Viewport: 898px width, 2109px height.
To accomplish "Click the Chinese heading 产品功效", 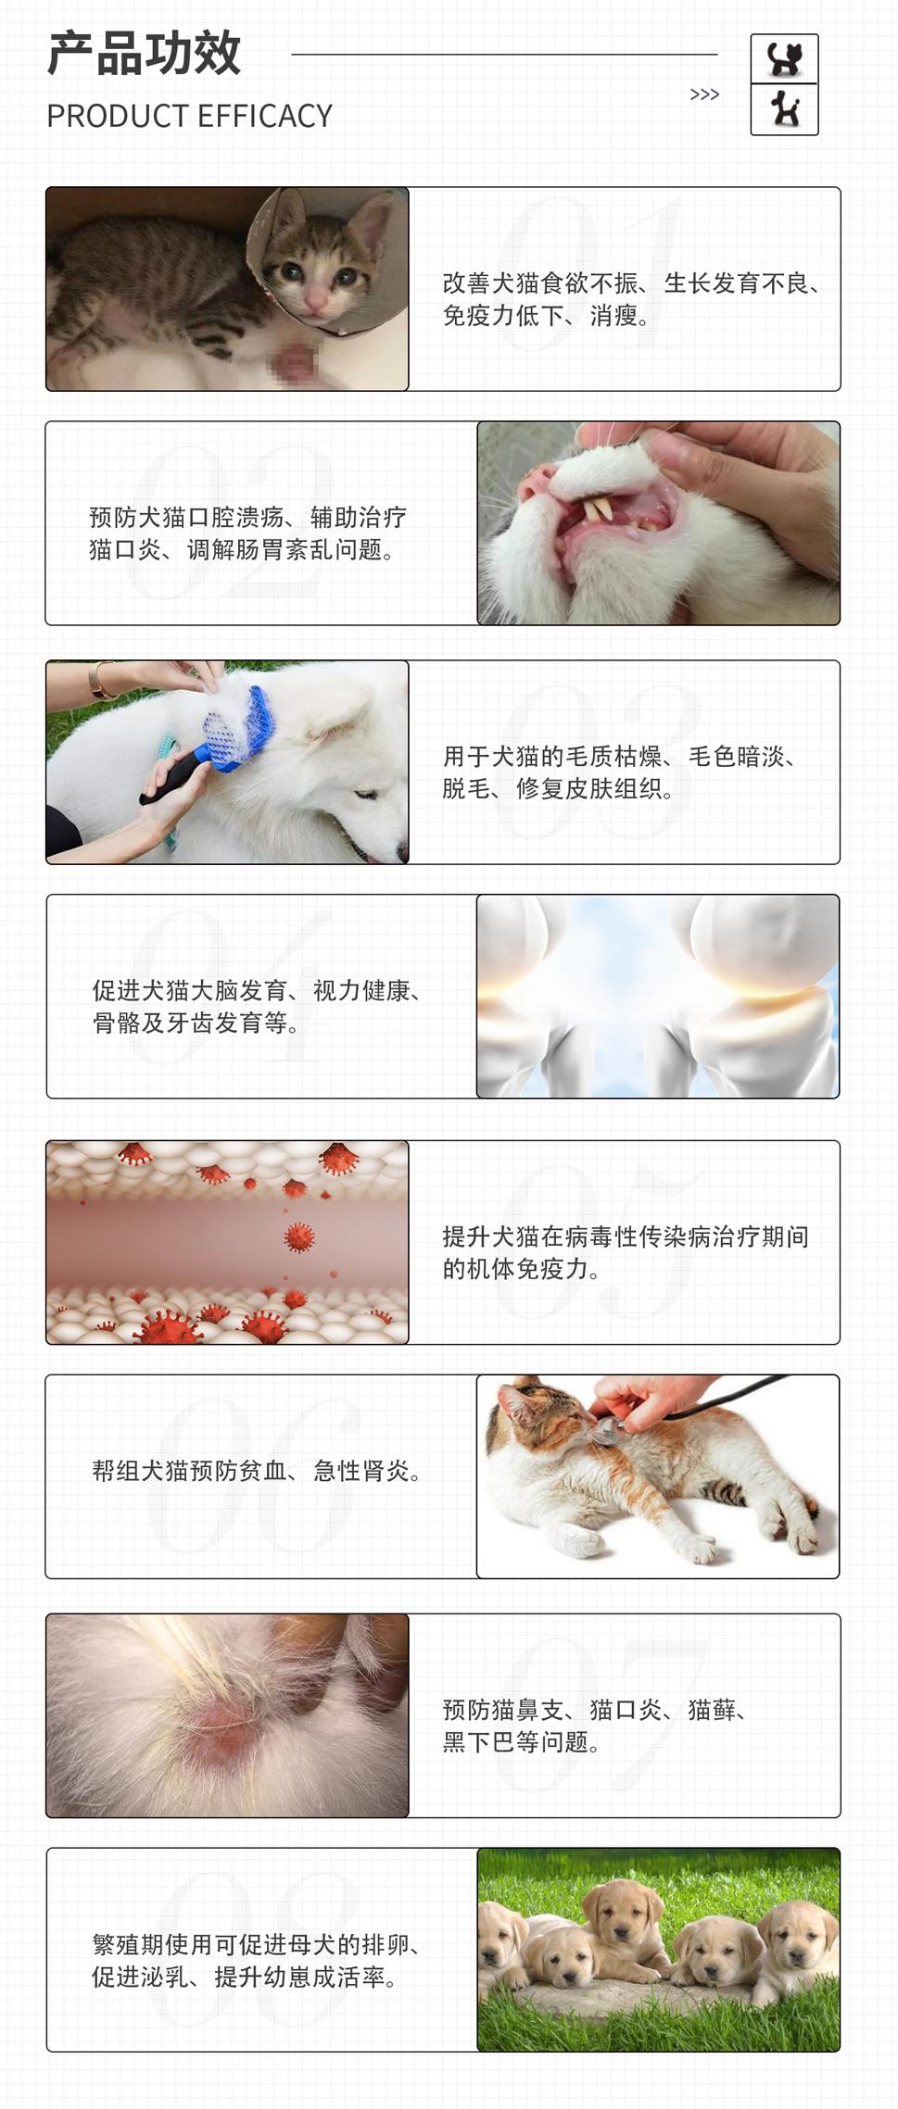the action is click(144, 54).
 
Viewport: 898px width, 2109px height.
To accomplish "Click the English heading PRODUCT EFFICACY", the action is click(189, 116).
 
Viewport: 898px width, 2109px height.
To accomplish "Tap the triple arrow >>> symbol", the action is click(704, 94).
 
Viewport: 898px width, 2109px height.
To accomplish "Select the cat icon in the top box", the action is click(784, 59).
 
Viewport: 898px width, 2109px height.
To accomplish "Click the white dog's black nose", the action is click(402, 849).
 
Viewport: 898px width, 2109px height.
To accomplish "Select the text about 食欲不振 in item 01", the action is click(631, 299).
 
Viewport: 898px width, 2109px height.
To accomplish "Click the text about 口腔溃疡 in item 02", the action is click(248, 534).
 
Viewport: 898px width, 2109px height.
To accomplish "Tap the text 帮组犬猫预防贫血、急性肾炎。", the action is click(257, 1471).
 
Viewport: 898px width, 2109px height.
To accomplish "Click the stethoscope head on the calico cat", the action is click(603, 1430).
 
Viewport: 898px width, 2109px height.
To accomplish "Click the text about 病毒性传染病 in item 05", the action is click(626, 1252).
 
